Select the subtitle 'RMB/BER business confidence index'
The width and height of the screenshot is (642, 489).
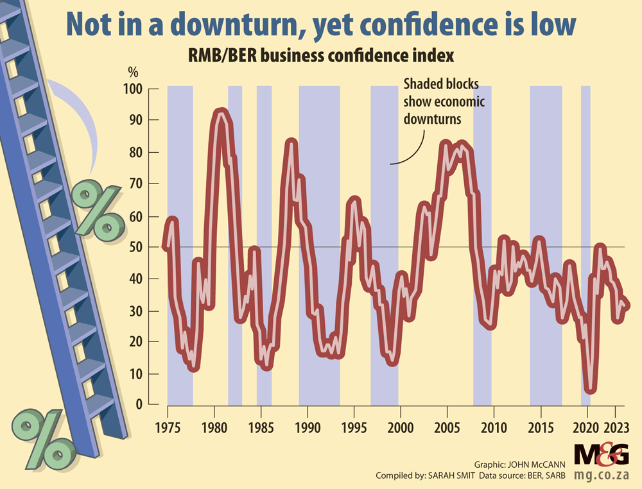click(x=320, y=56)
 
